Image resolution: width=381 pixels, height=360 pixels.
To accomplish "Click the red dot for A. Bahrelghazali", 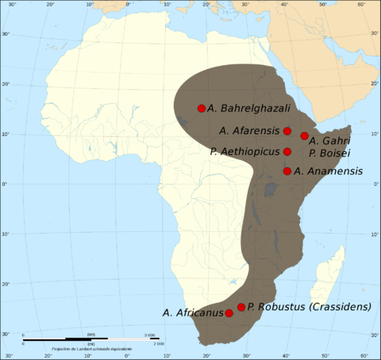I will [x=202, y=108].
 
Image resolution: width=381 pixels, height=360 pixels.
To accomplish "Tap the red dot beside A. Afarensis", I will [x=287, y=131].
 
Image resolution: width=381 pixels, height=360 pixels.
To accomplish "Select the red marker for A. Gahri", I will [x=305, y=136].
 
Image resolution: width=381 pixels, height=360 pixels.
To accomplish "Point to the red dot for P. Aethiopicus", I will [x=287, y=152].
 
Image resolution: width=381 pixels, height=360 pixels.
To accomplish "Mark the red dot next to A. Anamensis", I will [x=287, y=171].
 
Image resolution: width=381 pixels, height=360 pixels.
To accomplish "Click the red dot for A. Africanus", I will [x=229, y=313].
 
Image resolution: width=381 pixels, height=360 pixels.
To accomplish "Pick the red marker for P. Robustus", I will [x=241, y=307].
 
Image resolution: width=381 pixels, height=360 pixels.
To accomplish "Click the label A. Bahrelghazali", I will [x=249, y=108].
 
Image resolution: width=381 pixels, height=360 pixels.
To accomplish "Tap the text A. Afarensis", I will [x=248, y=130].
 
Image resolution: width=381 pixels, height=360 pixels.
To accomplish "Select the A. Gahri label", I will [x=330, y=141].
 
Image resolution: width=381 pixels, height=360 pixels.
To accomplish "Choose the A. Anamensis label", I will [x=329, y=171].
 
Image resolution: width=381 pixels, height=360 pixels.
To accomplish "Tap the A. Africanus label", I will [x=193, y=313].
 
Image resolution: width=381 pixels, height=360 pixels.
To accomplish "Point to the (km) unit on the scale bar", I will [x=91, y=335].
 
